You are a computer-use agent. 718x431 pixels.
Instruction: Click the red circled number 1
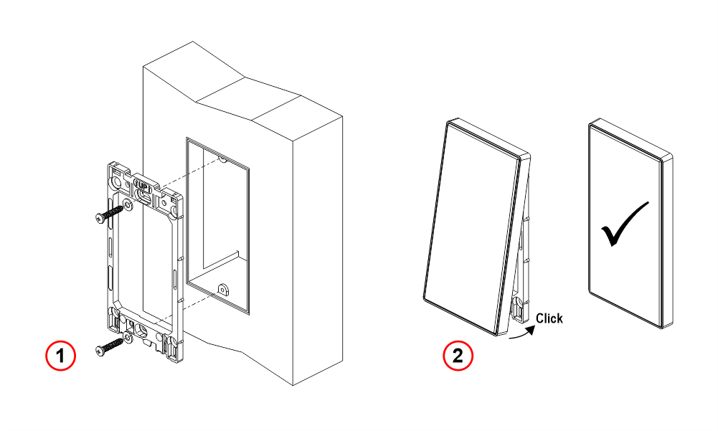60,356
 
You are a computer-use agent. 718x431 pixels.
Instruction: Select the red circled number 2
458,356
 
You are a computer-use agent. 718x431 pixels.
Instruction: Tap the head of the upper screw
100,218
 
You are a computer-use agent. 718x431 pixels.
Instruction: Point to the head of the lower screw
100,351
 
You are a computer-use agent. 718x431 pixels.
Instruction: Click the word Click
549,318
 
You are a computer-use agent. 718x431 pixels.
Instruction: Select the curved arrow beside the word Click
522,333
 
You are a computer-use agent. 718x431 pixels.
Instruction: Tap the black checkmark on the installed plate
625,224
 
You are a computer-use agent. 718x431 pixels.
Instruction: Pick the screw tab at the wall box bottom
223,290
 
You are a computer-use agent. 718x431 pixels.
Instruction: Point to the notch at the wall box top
222,160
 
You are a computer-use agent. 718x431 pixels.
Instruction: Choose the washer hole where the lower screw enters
126,338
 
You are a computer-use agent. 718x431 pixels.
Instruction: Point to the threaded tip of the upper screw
121,209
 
